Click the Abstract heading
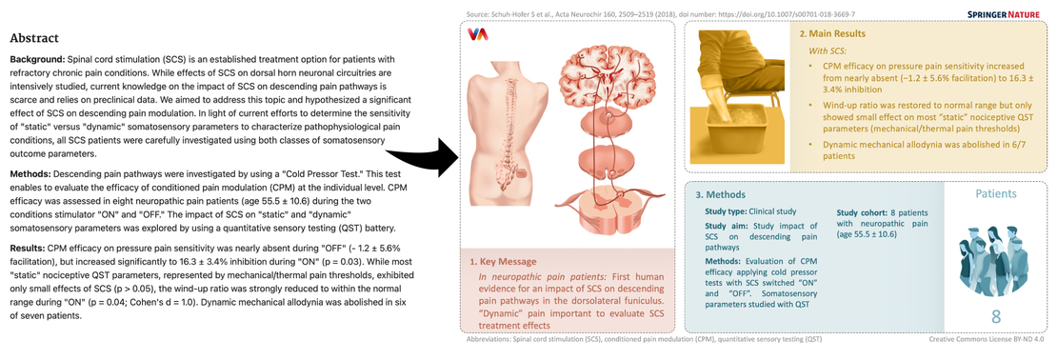click(35, 39)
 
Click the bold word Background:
click(39, 59)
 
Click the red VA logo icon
click(478, 35)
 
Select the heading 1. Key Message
click(504, 260)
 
